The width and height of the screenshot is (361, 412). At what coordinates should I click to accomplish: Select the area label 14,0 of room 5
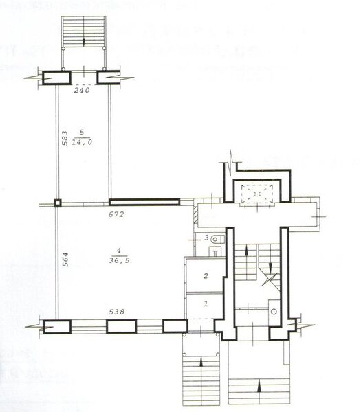click(83, 143)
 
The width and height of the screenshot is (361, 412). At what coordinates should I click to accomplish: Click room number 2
click(205, 276)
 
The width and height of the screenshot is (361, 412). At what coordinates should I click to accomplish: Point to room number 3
click(205, 238)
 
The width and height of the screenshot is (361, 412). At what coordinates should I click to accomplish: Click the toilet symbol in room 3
click(217, 238)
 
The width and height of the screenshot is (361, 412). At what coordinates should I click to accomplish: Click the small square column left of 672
click(58, 203)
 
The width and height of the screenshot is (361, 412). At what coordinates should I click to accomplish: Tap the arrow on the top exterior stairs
click(84, 40)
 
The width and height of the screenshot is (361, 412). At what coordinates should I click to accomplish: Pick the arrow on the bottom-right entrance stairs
click(259, 386)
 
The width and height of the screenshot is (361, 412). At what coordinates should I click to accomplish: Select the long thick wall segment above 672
click(144, 202)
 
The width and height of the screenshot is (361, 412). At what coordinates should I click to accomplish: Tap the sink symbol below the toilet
click(215, 251)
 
